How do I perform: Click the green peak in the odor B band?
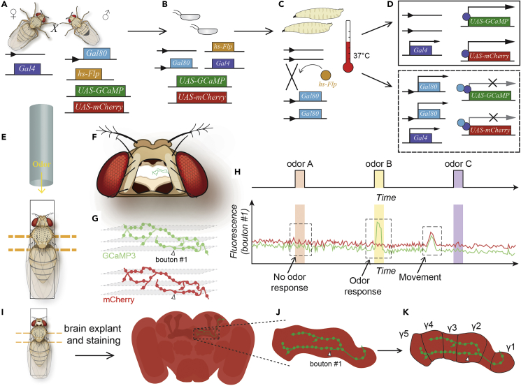378,224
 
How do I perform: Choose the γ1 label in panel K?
510,347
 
